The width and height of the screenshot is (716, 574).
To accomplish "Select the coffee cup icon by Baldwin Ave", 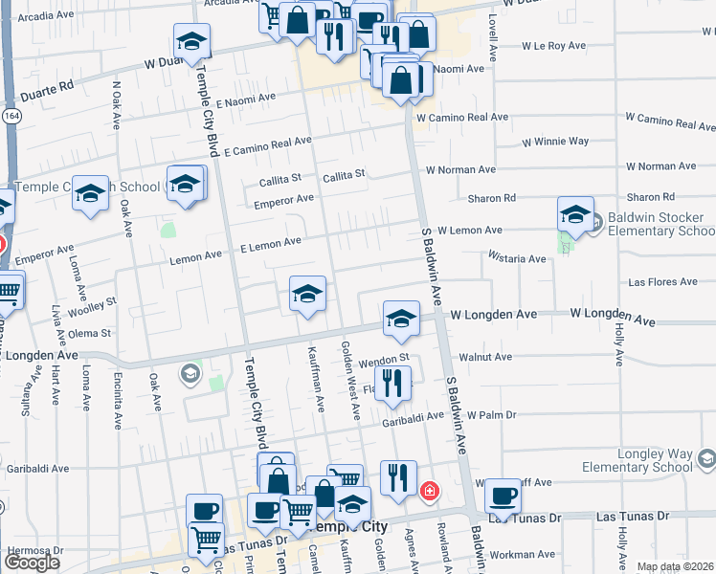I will [503, 496].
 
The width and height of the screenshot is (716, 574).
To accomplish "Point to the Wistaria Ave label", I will [517, 258].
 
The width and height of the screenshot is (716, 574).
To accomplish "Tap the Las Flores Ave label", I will [662, 282].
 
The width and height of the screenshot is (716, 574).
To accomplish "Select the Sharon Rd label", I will [492, 198].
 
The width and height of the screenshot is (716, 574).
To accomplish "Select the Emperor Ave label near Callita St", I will [283, 200].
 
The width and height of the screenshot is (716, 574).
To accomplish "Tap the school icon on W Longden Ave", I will [401, 320].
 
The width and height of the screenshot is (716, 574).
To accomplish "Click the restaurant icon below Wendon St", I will [392, 384].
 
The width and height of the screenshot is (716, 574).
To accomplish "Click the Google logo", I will [32, 563].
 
